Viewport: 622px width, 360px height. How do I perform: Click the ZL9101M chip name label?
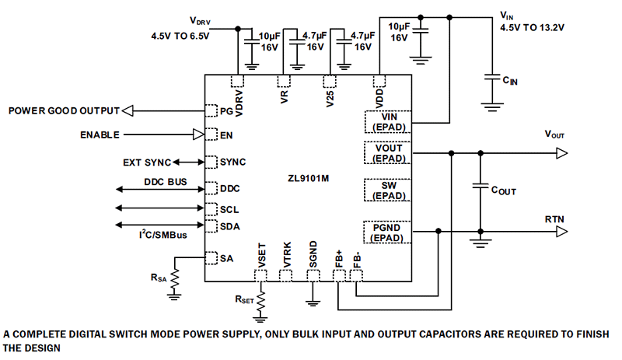point(309,178)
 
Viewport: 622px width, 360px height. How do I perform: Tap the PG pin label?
point(226,111)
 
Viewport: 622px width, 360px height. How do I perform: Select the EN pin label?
point(226,135)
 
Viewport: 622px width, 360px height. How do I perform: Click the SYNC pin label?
point(232,162)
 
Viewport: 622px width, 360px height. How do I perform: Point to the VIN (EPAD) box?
point(389,120)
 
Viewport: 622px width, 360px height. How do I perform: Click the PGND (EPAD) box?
point(389,232)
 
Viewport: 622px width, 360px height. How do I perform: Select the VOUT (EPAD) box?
point(389,152)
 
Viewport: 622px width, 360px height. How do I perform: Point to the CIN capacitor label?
point(510,79)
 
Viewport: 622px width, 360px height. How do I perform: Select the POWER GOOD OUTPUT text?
point(65,110)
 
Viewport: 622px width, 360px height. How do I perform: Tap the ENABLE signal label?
point(100,135)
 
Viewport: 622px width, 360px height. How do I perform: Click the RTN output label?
point(555,220)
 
